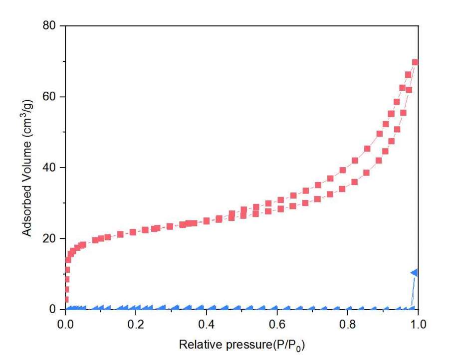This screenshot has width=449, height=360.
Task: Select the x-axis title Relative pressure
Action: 239,345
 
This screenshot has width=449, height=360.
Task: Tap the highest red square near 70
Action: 415,63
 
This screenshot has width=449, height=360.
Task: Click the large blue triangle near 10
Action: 414,272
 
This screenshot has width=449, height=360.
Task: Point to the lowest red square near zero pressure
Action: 66,299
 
